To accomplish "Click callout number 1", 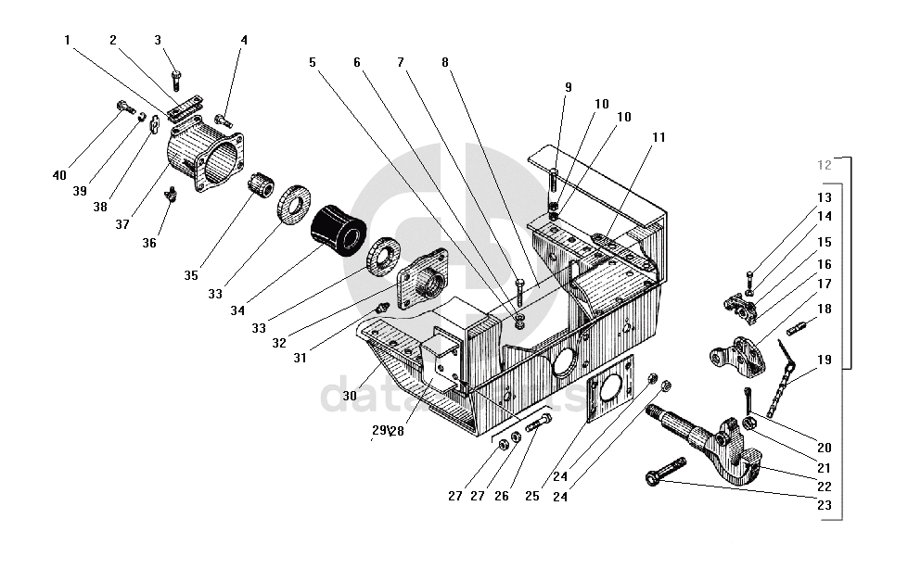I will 68,40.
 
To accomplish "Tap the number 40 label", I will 60,175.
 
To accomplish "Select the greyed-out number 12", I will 825,165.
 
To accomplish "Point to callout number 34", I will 237,310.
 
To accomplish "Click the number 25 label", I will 532,496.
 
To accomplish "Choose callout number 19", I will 825,360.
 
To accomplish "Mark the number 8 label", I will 445,62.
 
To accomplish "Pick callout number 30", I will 350,395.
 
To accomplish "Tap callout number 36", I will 150,243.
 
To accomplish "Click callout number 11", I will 659,137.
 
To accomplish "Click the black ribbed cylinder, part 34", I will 338,234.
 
